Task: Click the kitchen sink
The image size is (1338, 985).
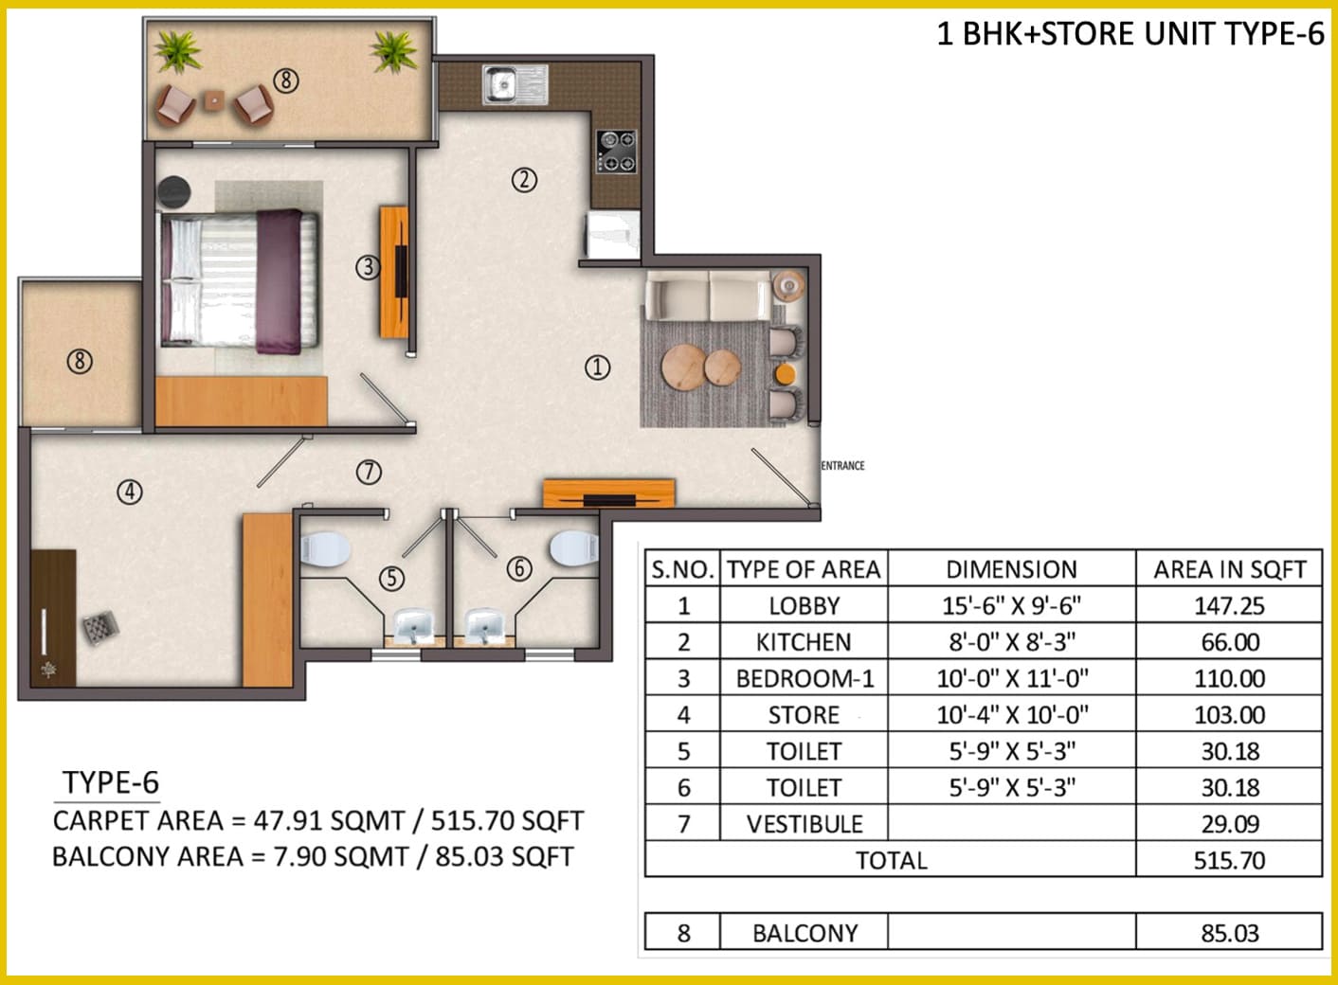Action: tap(515, 84)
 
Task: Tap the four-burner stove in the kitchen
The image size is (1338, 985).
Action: tap(617, 152)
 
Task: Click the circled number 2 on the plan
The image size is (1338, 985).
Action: tap(524, 180)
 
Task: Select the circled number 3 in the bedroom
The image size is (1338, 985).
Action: tap(368, 267)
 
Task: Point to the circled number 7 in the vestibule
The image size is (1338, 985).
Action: tap(369, 473)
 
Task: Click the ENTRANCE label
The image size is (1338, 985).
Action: tap(842, 466)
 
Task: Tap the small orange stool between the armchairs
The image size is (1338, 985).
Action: tap(785, 375)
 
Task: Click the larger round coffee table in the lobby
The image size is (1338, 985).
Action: tap(684, 367)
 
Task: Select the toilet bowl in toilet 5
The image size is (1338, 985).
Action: tap(324, 549)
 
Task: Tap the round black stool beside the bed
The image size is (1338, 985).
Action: tap(173, 191)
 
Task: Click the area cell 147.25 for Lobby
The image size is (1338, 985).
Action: tap(1229, 606)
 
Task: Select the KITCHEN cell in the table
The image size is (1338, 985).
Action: tap(804, 642)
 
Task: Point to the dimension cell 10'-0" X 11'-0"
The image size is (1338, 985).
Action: tap(1012, 679)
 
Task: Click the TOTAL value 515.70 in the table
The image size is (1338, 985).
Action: tap(1229, 860)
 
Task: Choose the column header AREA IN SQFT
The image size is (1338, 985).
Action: tap(1229, 569)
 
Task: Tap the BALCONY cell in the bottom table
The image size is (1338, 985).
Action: tap(805, 933)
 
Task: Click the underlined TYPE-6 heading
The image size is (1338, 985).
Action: tap(111, 782)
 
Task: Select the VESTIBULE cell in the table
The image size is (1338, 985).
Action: tap(805, 824)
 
